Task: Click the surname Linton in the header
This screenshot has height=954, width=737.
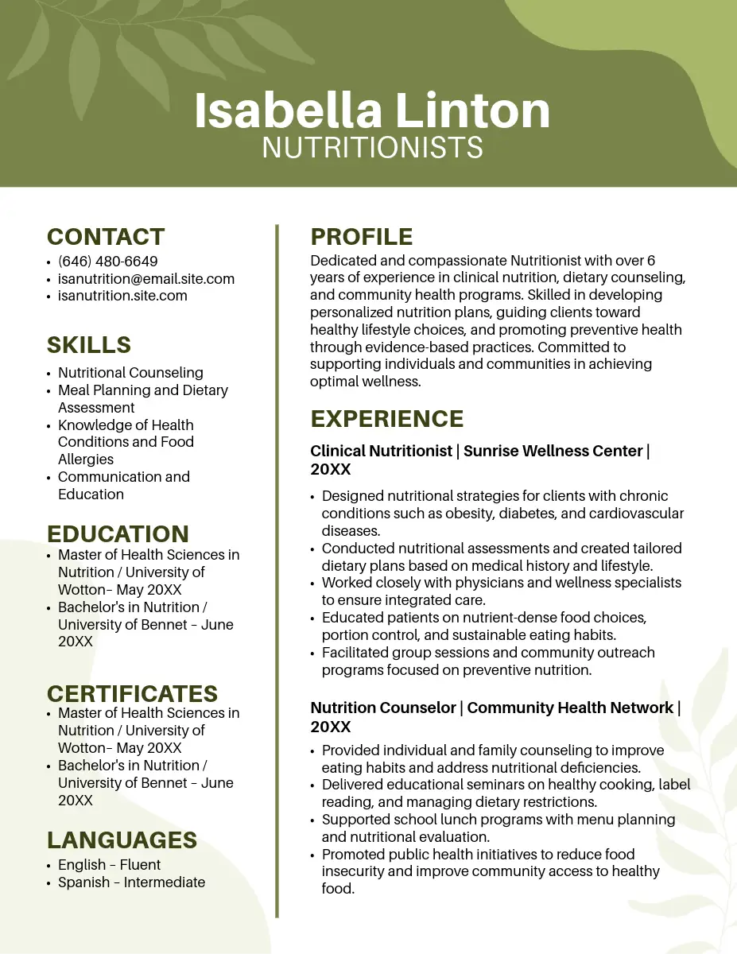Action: coord(473,111)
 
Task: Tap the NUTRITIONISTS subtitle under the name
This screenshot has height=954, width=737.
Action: coord(372,147)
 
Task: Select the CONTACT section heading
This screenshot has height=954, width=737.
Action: coord(106,237)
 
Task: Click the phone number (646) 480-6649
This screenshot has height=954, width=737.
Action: coord(108,262)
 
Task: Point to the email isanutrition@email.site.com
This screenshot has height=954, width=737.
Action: coord(146,279)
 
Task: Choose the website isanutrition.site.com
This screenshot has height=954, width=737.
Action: coord(122,296)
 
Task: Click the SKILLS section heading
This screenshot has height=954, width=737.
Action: coord(89,345)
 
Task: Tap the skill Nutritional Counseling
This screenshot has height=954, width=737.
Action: coord(130,373)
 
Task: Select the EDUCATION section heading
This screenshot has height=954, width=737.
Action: coord(118,533)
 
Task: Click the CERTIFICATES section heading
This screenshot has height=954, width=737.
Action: coord(132,693)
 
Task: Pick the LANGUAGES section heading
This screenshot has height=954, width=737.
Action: coord(122,840)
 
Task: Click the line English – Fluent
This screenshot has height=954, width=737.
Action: coord(110,865)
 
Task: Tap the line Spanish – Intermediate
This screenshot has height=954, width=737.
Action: coord(132,882)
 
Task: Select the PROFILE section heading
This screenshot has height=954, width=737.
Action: coord(361,237)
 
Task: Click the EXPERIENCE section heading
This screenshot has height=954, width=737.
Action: coord(387,419)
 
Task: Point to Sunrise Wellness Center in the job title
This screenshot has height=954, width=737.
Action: coord(553,451)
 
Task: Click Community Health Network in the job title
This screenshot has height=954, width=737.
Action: coord(570,708)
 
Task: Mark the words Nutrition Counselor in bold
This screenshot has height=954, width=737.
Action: coord(382,708)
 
